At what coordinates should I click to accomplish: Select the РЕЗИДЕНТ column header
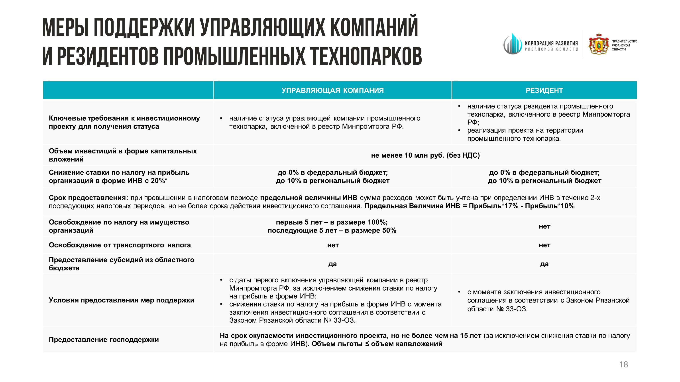tap(544, 90)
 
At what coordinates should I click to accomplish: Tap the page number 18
tap(623, 365)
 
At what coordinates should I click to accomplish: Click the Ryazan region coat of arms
tap(599, 44)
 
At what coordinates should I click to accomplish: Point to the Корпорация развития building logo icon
tap(513, 44)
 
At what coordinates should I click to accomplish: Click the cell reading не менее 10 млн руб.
tap(425, 155)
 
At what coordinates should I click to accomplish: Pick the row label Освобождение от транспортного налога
tap(120, 245)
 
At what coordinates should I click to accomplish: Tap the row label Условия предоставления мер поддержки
tap(122, 300)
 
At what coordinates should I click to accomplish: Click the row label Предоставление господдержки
tap(104, 339)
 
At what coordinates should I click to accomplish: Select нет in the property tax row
tap(544, 226)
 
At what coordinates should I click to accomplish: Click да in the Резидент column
tap(544, 264)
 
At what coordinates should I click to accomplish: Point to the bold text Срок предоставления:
tap(88, 198)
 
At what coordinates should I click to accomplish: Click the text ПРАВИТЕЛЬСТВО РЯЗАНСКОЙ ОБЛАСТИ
tap(624, 45)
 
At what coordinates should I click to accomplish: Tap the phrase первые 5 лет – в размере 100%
tap(332, 222)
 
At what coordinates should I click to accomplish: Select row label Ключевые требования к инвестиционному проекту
tap(124, 122)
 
